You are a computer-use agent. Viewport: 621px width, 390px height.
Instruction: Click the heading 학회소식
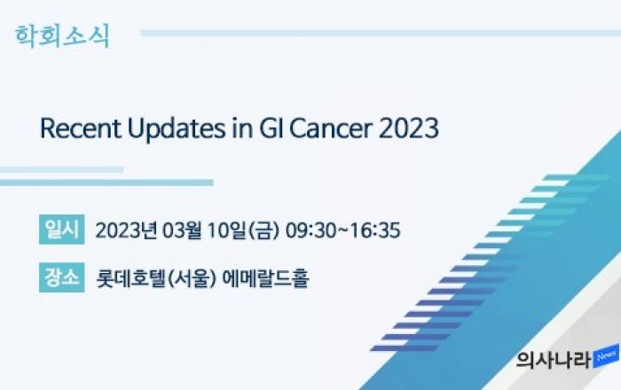(x=62, y=36)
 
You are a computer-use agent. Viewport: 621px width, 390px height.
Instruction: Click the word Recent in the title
(x=81, y=129)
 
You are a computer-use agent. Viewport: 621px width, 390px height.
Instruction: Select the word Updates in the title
(x=177, y=129)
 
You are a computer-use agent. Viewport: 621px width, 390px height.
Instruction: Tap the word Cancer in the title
(x=331, y=129)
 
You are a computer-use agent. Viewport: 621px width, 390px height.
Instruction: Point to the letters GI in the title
(x=271, y=129)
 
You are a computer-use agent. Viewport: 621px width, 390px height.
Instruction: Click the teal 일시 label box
(x=62, y=230)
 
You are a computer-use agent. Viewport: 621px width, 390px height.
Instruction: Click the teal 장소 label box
(x=62, y=277)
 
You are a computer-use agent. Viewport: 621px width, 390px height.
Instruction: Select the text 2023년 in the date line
(x=126, y=230)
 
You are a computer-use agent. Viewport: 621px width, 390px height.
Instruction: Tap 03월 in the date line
(x=182, y=230)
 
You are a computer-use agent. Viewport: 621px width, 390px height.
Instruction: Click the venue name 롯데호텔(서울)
(x=156, y=278)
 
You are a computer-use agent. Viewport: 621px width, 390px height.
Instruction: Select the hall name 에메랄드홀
(x=265, y=278)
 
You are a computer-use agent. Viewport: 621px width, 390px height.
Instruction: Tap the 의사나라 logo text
(x=554, y=360)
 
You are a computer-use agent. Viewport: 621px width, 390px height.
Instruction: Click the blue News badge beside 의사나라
(x=606, y=356)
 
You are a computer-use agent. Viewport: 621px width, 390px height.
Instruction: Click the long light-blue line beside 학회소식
(x=381, y=33)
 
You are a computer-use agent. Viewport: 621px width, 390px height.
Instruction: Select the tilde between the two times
(x=343, y=230)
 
